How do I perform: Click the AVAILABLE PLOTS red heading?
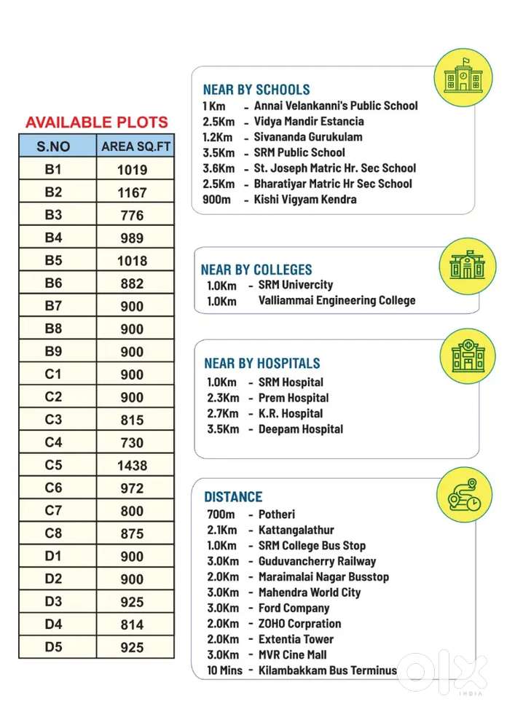[96, 122]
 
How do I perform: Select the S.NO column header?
[54, 146]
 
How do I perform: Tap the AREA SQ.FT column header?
[135, 146]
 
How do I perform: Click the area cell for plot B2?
[132, 192]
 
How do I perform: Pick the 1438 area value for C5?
[132, 465]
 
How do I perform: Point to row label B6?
[54, 283]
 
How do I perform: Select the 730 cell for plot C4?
[132, 442]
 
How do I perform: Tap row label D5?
[54, 646]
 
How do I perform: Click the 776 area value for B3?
[132, 215]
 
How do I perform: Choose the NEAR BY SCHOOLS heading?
[256, 90]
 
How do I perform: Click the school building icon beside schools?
[463, 77]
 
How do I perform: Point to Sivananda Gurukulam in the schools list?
[308, 137]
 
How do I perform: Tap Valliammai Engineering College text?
[337, 300]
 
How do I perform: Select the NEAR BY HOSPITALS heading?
[262, 363]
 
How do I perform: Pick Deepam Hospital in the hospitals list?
[300, 429]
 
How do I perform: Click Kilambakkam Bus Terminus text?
[328, 670]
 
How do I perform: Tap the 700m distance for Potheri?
[221, 514]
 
